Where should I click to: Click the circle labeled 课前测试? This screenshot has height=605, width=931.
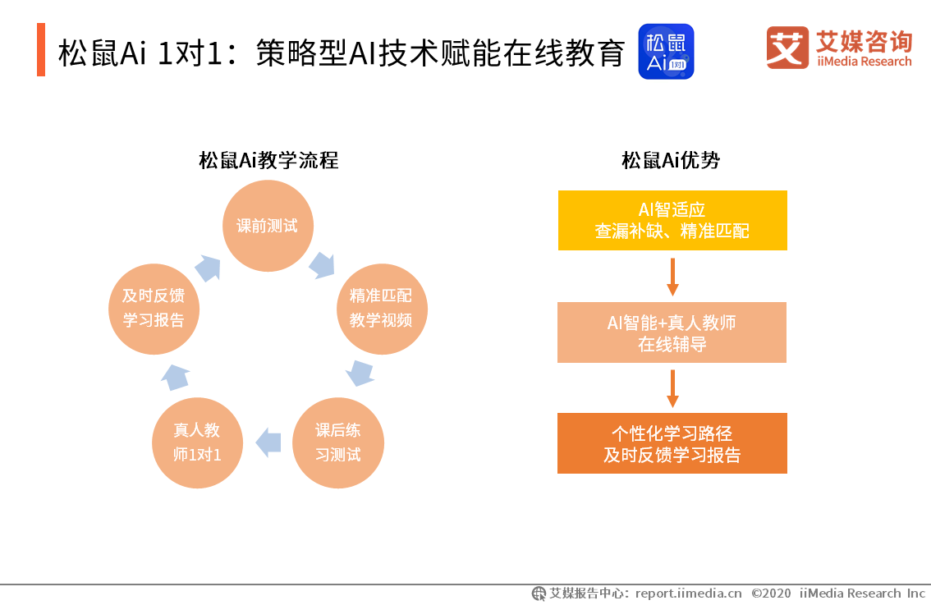268,226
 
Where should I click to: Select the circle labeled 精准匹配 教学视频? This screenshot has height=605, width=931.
381,309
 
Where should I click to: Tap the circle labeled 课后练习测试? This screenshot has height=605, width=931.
337,442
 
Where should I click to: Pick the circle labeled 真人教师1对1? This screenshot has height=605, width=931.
197,442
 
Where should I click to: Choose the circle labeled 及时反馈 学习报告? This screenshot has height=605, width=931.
154,309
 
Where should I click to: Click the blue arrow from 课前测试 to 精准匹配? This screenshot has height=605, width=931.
323,264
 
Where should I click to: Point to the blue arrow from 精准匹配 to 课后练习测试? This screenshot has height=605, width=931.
360,372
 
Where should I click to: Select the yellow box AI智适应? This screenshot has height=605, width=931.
672,220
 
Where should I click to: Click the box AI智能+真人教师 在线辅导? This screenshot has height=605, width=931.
672,332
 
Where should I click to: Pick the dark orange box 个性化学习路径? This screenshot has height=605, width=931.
672,443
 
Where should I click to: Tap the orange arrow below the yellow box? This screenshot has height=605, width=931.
672,277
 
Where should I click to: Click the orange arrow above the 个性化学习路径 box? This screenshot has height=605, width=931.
672,388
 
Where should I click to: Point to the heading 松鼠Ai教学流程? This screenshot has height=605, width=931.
268,160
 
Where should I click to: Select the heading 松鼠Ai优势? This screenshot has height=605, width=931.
671,160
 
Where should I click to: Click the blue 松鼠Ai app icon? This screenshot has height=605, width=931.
666,51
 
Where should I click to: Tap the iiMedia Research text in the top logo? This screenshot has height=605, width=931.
864,62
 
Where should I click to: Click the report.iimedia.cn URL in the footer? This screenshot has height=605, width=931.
688,593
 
